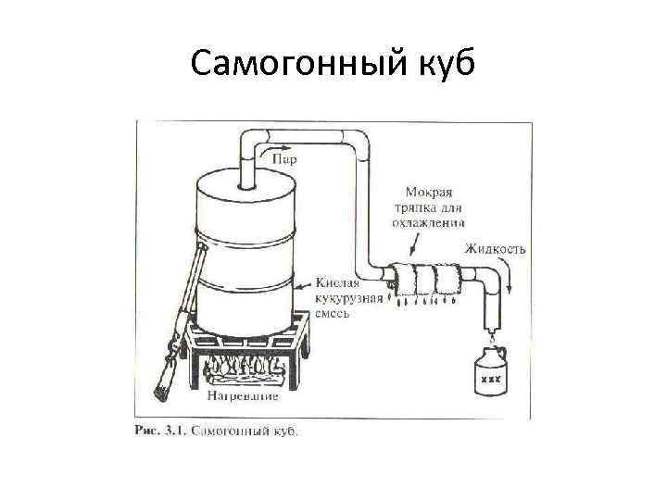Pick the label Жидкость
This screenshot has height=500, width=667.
[x=497, y=249]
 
